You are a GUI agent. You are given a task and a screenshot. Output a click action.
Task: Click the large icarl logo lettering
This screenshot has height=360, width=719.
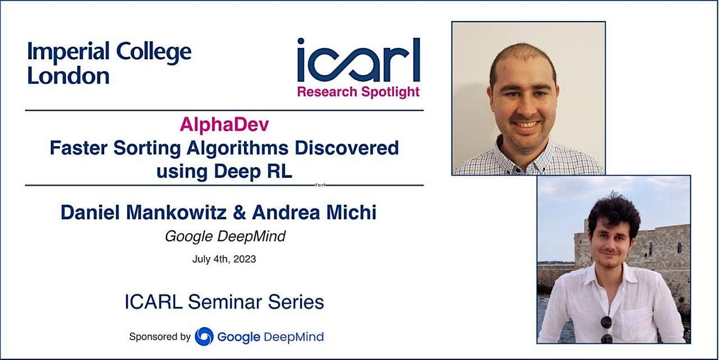pos(358,61)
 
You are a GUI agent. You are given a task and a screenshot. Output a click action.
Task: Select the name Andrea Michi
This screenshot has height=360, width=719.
pos(315,212)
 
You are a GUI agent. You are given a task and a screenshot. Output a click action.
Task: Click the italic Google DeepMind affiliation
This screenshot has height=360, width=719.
pos(225,237)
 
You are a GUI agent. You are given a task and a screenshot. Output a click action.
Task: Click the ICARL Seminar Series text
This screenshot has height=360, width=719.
pos(224,302)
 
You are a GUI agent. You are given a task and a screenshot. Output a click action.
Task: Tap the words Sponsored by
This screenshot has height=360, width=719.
pos(159,337)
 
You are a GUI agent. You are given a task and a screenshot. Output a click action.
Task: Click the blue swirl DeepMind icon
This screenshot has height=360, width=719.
pos(204,336)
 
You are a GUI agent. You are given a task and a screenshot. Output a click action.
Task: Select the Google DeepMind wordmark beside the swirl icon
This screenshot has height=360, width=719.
pos(270,337)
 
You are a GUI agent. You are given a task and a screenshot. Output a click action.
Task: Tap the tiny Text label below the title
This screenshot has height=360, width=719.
pos(321,185)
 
